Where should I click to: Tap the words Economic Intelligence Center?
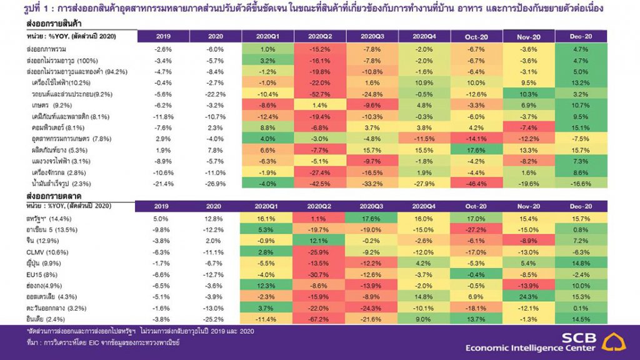tap(532, 347)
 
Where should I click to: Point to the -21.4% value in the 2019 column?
tap(164, 183)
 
